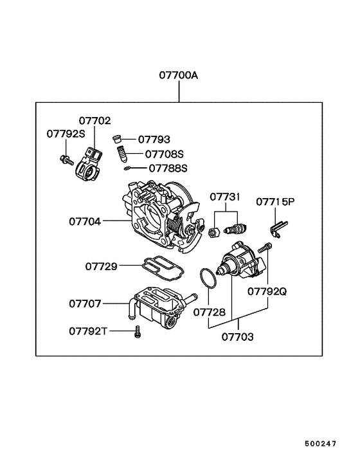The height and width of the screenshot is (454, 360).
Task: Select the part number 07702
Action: (94, 120)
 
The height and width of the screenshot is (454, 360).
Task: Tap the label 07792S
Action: (66, 133)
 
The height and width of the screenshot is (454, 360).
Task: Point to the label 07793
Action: (154, 139)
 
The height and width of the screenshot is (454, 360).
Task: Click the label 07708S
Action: (164, 154)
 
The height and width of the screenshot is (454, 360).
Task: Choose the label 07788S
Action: (168, 168)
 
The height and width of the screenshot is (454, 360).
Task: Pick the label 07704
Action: (85, 221)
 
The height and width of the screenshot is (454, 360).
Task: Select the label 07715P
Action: (275, 201)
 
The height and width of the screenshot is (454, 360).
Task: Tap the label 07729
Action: (101, 266)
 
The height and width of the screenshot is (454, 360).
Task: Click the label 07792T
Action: (89, 331)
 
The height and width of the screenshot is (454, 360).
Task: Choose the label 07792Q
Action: (267, 291)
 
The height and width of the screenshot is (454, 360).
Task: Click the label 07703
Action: (238, 336)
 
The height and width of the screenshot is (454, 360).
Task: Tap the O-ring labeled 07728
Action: (206, 278)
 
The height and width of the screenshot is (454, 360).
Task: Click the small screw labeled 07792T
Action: (136, 332)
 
